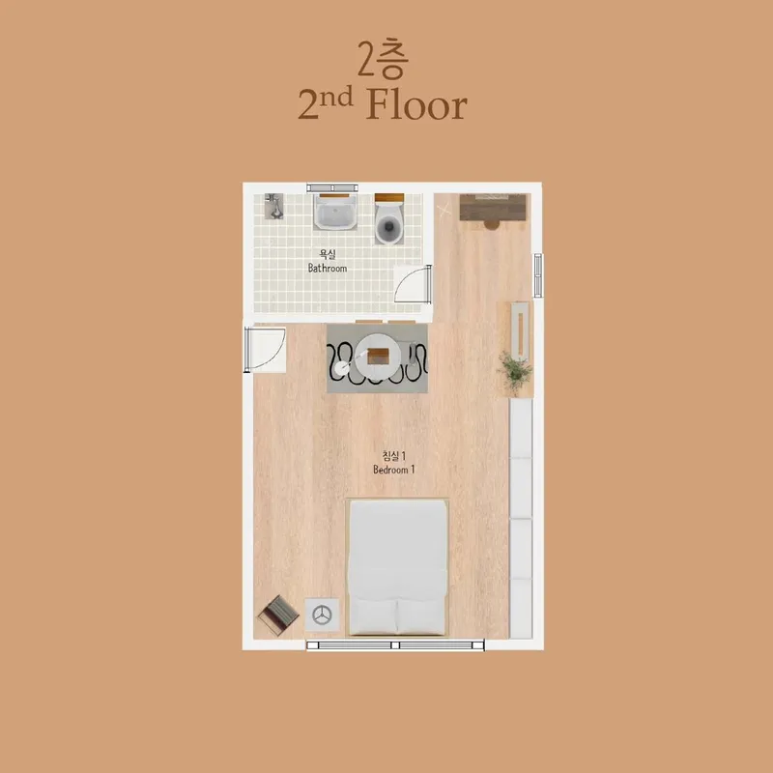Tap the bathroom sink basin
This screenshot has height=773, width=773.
coord(335,212)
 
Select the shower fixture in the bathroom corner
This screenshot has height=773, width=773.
coord(274,206)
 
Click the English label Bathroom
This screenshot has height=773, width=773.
coord(328,269)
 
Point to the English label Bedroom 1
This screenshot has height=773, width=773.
coord(394,470)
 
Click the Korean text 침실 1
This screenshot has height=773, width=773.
coord(394,455)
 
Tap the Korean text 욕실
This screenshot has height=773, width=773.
coord(328,254)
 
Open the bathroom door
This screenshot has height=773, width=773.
coord(414,284)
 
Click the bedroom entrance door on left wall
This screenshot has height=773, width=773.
coord(265,350)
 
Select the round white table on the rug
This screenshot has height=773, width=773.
coord(379,356)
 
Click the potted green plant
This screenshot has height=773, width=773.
coord(516,371)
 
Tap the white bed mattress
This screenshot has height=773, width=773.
coord(397,567)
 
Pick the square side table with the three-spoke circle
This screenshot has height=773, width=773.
coord(322,615)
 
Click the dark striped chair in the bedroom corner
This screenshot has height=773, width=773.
coord(278,615)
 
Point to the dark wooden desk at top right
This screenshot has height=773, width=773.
coord(493,208)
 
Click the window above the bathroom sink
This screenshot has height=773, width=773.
coord(332,187)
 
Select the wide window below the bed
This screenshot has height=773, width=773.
coord(395,644)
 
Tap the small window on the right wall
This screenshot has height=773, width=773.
coord(538,275)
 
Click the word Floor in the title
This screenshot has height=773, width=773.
coord(416,105)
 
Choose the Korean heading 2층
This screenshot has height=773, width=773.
coord(383,58)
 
